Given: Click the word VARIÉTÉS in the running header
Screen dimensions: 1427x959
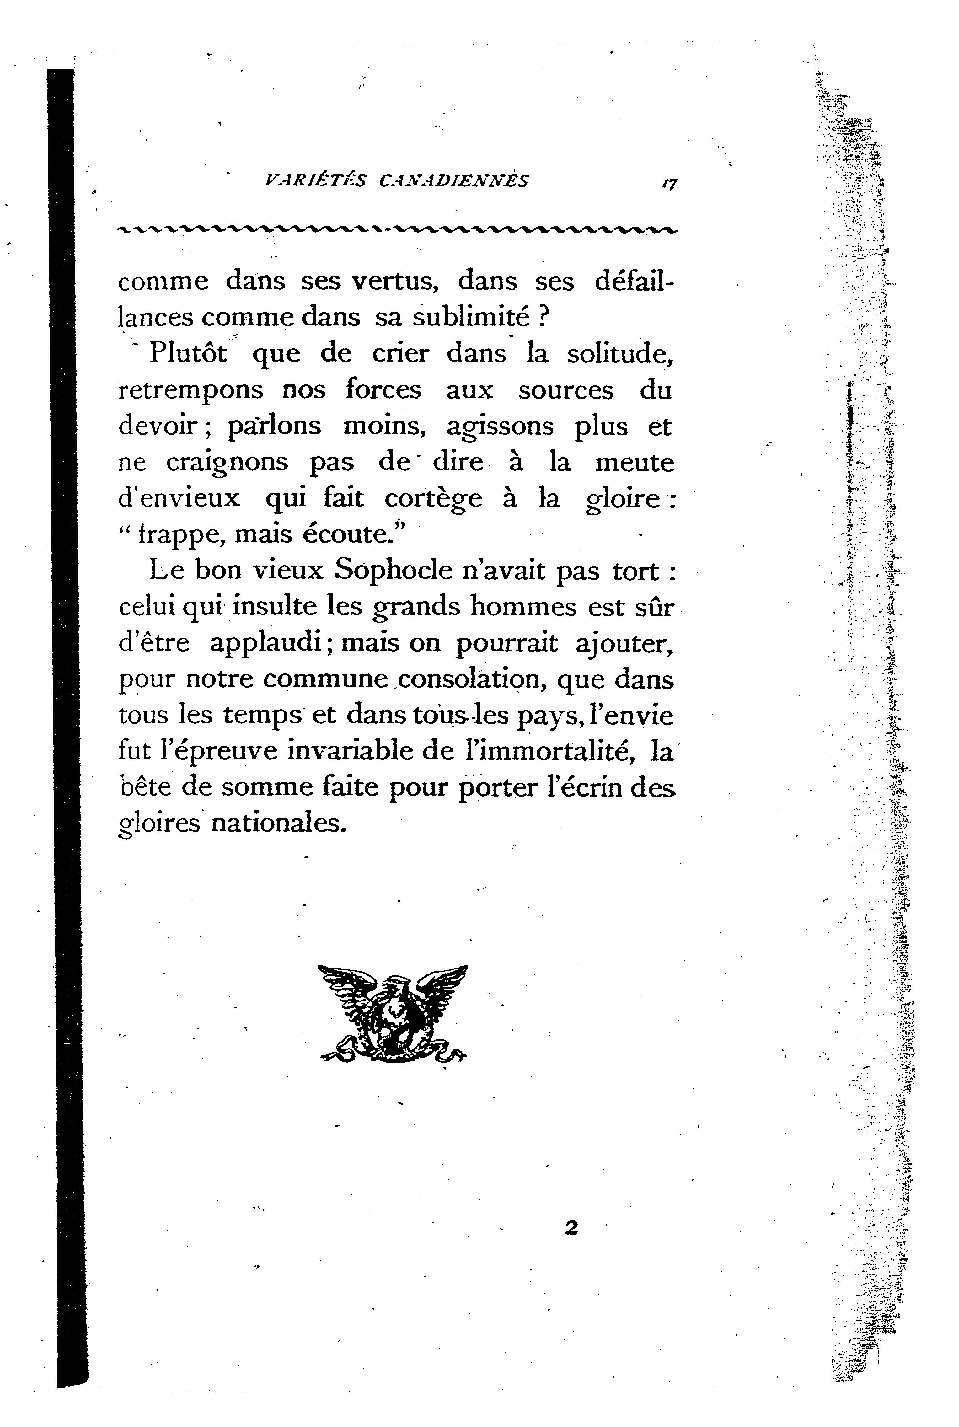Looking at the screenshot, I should [x=315, y=180].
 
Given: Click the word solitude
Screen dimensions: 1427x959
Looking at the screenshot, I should [x=619, y=354].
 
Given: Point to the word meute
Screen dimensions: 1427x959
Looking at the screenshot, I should [x=634, y=462].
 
